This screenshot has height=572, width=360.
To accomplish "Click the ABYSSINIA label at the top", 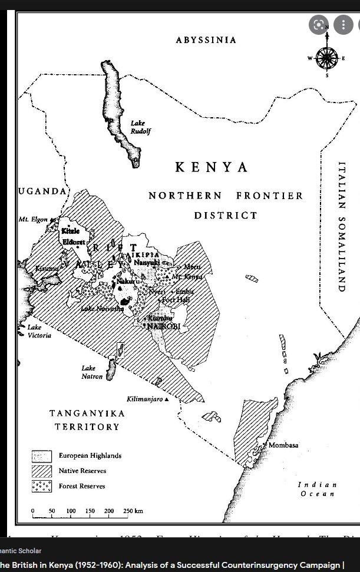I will click(x=206, y=40).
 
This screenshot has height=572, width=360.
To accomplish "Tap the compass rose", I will click(x=326, y=58).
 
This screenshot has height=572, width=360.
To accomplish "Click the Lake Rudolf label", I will click(x=140, y=127).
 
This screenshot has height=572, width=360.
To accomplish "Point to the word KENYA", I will click(x=212, y=167).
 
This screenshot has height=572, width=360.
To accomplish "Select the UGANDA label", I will click(x=42, y=191).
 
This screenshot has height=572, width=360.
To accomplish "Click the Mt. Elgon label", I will click(x=33, y=219).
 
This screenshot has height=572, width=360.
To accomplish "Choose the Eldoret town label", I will click(x=74, y=242).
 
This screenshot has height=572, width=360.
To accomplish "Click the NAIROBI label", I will click(x=163, y=326).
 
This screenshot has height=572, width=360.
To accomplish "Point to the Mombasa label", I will click(x=283, y=445).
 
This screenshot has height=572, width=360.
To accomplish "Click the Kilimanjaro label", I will click(x=144, y=399).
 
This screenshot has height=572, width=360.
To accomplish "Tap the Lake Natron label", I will click(x=93, y=372).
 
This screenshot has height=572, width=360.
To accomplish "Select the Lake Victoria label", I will click(x=39, y=331).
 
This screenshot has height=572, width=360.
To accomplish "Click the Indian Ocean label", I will click(x=318, y=489).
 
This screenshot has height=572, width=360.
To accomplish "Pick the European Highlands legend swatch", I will click(x=42, y=456).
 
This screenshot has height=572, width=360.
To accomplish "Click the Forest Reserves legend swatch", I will click(x=42, y=486).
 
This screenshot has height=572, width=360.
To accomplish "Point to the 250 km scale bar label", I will click(x=133, y=511).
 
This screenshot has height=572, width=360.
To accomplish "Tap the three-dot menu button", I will click(x=343, y=24).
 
